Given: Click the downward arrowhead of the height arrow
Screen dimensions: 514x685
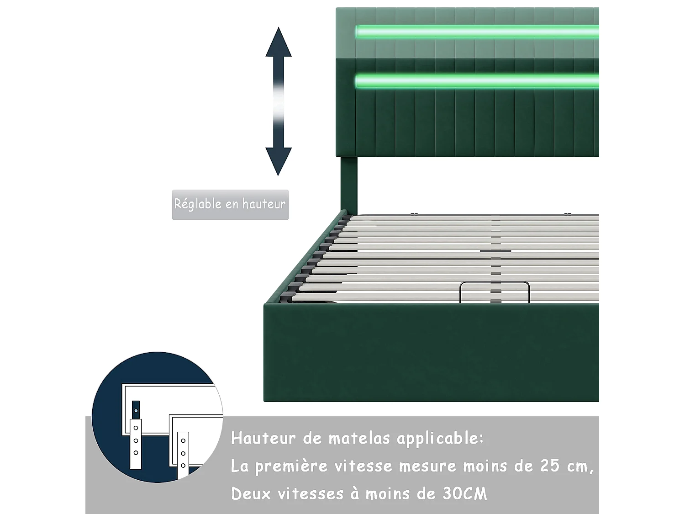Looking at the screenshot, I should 279,160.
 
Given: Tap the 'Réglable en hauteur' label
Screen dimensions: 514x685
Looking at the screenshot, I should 230,204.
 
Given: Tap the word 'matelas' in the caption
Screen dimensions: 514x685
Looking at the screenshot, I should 359,438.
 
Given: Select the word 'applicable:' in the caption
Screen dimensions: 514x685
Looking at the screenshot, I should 440,439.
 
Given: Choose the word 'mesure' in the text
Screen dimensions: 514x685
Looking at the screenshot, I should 427,466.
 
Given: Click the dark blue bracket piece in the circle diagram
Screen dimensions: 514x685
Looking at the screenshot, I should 136,408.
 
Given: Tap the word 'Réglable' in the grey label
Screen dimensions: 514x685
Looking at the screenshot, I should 198,204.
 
